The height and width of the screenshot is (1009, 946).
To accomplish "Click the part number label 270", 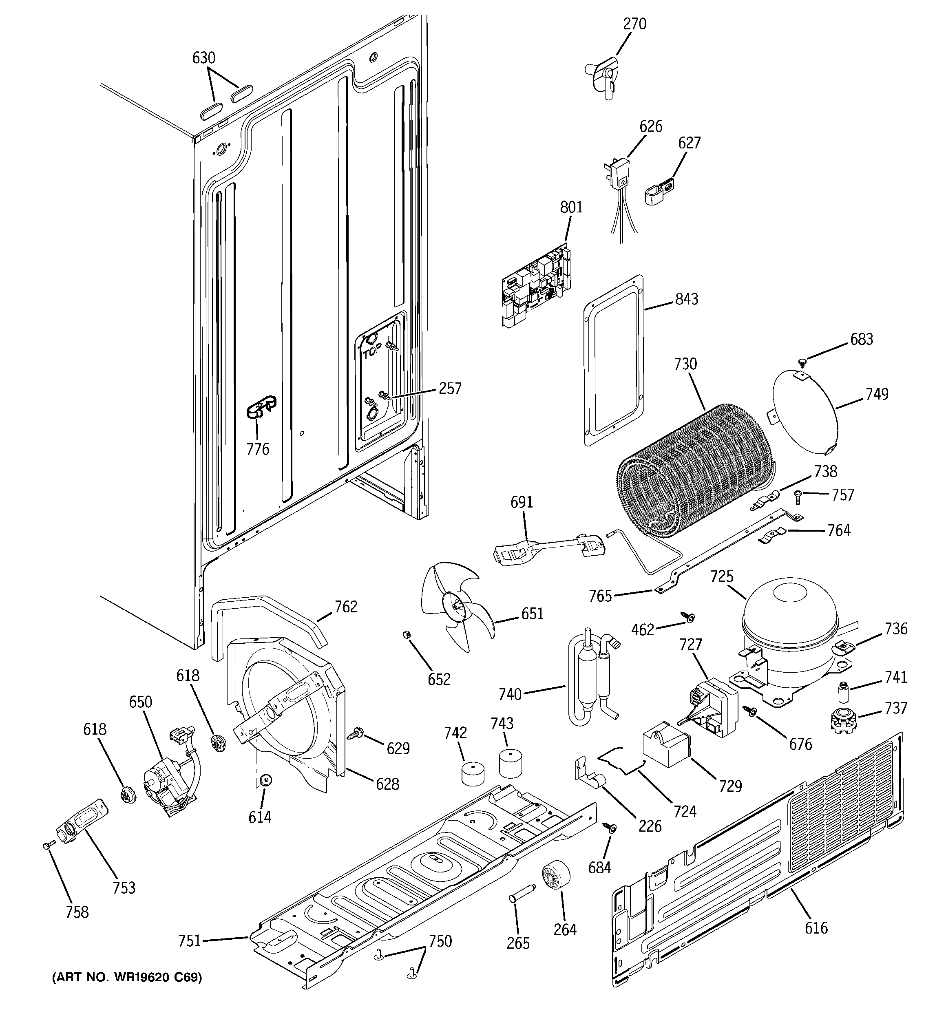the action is pos(635,24).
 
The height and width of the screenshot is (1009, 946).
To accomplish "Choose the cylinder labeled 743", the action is pos(511,762).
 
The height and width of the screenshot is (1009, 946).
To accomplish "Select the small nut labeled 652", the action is pos(406,634).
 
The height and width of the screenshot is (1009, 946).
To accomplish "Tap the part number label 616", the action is pos(816,928).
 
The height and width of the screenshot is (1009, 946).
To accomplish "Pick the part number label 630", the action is pos(203,58).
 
